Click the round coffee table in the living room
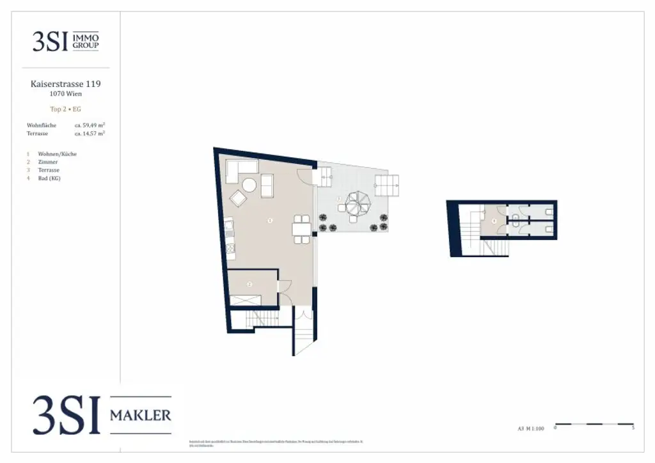click(x=249, y=185)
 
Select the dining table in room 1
click(x=301, y=229)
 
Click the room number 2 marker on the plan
click(x=250, y=283)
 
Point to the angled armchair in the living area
click(x=238, y=199)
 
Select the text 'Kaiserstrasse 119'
click(x=66, y=84)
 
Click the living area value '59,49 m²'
click(x=90, y=125)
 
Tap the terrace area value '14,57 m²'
click(x=90, y=134)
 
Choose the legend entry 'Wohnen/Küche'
click(x=58, y=154)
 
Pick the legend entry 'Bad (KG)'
click(x=50, y=178)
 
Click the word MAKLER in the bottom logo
click(x=141, y=416)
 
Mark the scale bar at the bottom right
click(x=594, y=424)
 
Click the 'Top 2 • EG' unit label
click(x=66, y=109)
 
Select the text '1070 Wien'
click(x=66, y=94)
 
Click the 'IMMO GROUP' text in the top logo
click(x=87, y=42)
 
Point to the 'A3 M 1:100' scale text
click(x=531, y=429)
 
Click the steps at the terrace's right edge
click(x=388, y=187)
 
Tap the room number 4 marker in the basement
click(x=494, y=221)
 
